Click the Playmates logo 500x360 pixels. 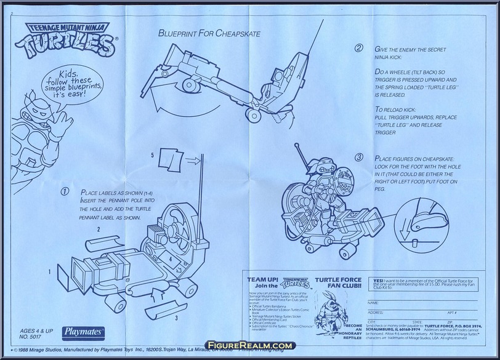(86, 330)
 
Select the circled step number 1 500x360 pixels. (63, 191)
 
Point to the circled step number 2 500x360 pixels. (358, 48)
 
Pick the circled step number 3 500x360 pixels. (358, 158)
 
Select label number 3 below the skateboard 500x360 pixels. (159, 318)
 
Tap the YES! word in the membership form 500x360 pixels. (380, 279)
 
